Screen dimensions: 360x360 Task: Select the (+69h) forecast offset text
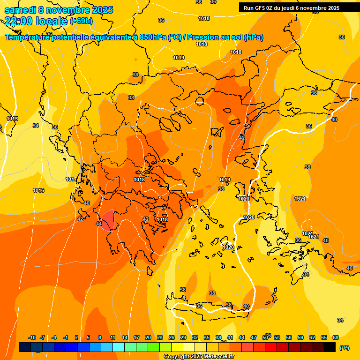pyautogui.click(x=81, y=21)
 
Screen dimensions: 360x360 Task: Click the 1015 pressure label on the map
pyautogui.click(x=12, y=119)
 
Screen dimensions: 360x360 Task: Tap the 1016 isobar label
pyautogui.click(x=38, y=190)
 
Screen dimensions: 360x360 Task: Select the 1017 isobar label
pyautogui.click(x=71, y=179)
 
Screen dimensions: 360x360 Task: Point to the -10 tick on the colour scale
pyautogui.click(x=32, y=337)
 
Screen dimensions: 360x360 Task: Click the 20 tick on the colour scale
pyautogui.click(x=148, y=337)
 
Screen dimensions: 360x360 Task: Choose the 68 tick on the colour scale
pyautogui.click(x=336, y=337)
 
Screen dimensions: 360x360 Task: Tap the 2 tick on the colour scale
pyautogui.click(x=76, y=337)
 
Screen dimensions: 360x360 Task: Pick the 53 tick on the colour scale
pyautogui.click(x=277, y=337)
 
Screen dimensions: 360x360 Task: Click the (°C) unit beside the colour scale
pyautogui.click(x=345, y=347)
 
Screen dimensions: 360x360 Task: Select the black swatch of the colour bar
pyautogui.click(x=330, y=347)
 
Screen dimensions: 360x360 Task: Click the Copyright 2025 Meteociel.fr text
pyautogui.click(x=199, y=356)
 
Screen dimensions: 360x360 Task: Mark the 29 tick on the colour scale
pyautogui.click(x=183, y=337)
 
